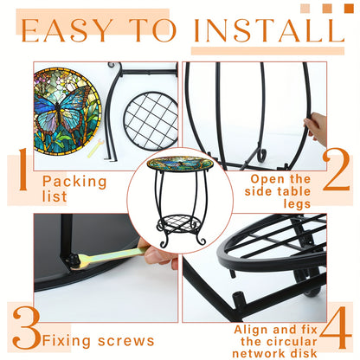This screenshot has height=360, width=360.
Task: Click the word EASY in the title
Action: [66, 30]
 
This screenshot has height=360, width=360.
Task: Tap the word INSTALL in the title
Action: [269, 30]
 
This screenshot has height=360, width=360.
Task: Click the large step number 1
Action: [23, 170]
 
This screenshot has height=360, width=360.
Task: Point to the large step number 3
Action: [27, 328]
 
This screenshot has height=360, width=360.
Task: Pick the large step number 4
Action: [336, 327]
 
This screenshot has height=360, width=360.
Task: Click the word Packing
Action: [74, 183]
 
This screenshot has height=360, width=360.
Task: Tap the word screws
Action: [126, 341]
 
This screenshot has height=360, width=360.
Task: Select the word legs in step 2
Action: [297, 204]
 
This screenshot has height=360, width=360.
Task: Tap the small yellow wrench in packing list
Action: [95, 148]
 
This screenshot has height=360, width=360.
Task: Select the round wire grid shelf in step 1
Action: [151, 121]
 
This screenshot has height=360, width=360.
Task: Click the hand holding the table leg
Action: [315, 128]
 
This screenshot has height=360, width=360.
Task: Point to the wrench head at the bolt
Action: [79, 260]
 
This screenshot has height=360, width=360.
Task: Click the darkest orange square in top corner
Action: [349, 9]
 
